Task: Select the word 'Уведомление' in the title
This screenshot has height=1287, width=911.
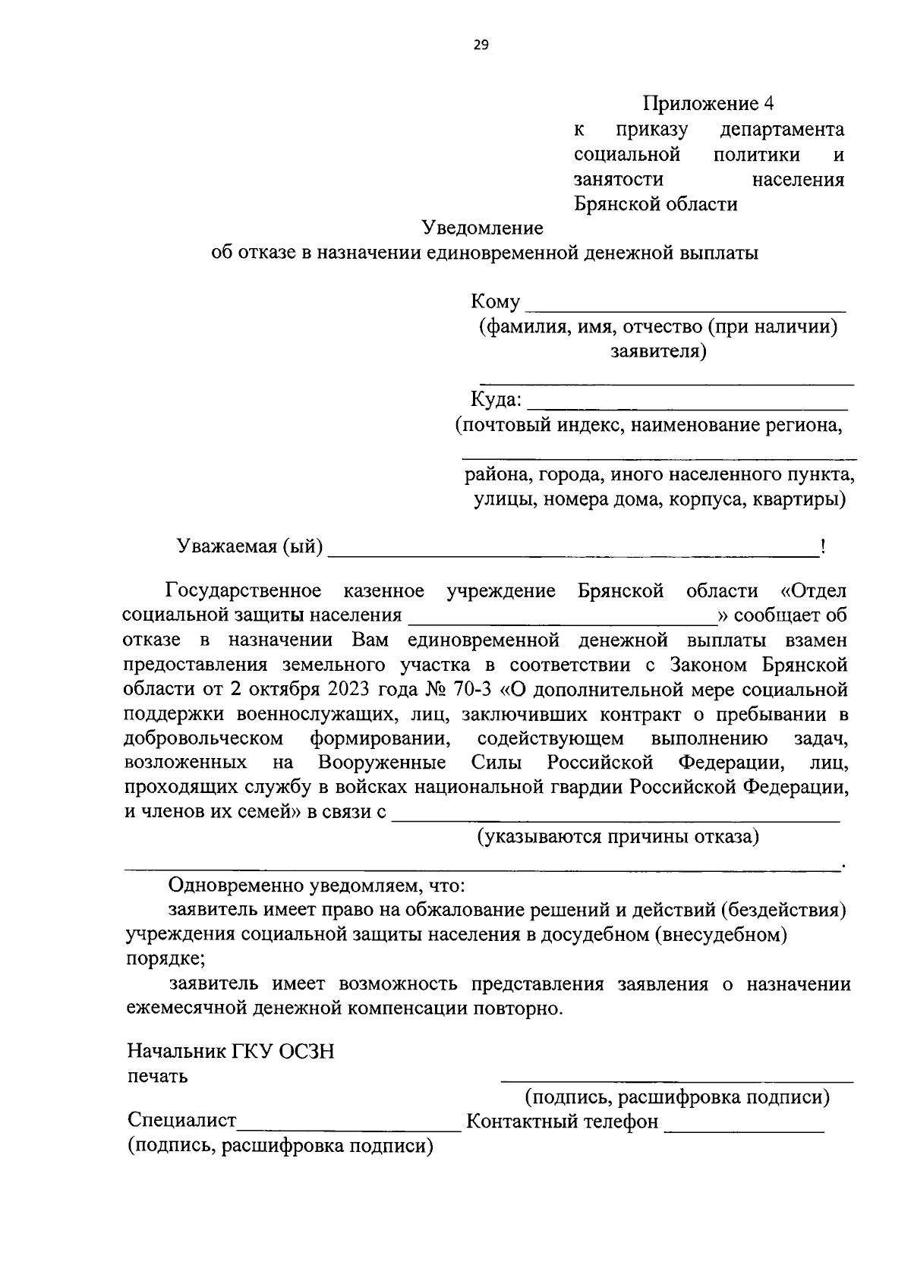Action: [483, 228]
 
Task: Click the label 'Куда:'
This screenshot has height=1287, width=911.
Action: [496, 400]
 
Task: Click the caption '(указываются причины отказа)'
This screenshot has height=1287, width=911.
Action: [617, 837]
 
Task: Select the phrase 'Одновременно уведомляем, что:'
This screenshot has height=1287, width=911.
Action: [317, 886]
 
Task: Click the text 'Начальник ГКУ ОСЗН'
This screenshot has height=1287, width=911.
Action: [231, 1053]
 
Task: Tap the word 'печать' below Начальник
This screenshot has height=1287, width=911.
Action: [157, 1077]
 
